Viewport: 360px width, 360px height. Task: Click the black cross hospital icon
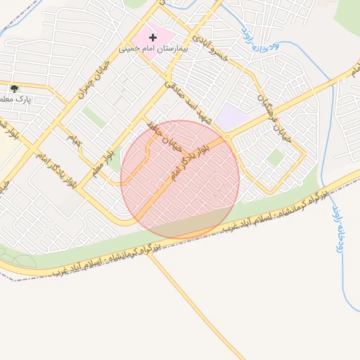[x=153, y=37]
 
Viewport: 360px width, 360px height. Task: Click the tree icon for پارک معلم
[x=14, y=89]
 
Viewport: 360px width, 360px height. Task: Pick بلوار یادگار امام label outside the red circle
[x=55, y=172]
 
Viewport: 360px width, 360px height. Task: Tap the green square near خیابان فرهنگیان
[x=275, y=158]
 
